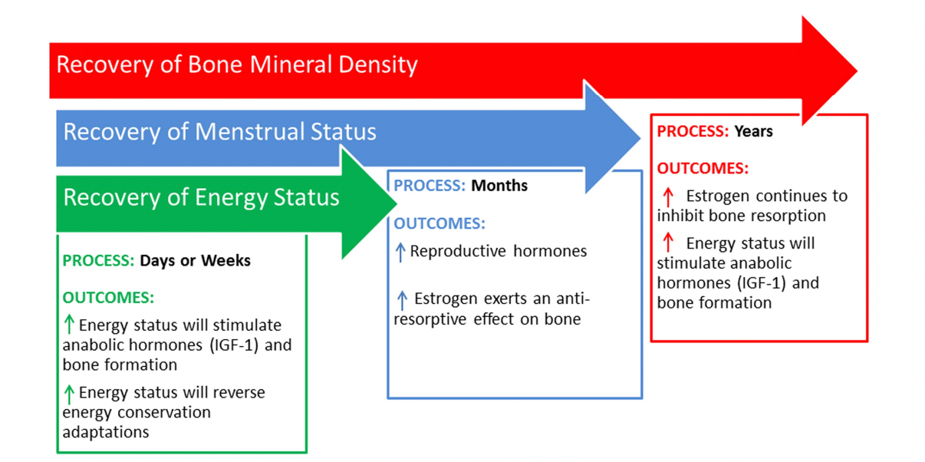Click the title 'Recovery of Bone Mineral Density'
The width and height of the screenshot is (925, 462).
pos(236,65)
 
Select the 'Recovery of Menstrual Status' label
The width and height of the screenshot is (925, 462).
pos(219,132)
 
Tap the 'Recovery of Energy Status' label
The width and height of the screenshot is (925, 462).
pos(201,197)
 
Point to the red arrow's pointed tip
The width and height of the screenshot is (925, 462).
pos(858,71)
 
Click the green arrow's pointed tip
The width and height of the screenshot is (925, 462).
pos(397,203)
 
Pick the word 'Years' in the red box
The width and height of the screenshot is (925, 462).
pos(754,131)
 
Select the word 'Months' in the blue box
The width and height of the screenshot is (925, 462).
pos(499,186)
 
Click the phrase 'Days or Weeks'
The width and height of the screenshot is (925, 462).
pos(196,261)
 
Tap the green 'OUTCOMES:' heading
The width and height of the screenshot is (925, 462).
pos(108,298)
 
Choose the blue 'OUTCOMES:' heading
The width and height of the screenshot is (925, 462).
pos(439,223)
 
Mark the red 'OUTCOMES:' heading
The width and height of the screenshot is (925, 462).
pos(703,169)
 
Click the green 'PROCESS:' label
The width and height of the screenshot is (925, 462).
pos(98,261)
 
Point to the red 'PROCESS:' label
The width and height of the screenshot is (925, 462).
pos(693,131)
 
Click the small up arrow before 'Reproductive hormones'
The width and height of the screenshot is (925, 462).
pos(400,252)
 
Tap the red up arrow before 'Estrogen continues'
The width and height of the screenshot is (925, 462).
pos(668,197)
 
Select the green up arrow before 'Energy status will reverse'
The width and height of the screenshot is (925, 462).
pos(69,394)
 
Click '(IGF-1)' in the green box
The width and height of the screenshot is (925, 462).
pos(234,345)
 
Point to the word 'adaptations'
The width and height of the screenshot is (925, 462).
pos(106,433)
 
